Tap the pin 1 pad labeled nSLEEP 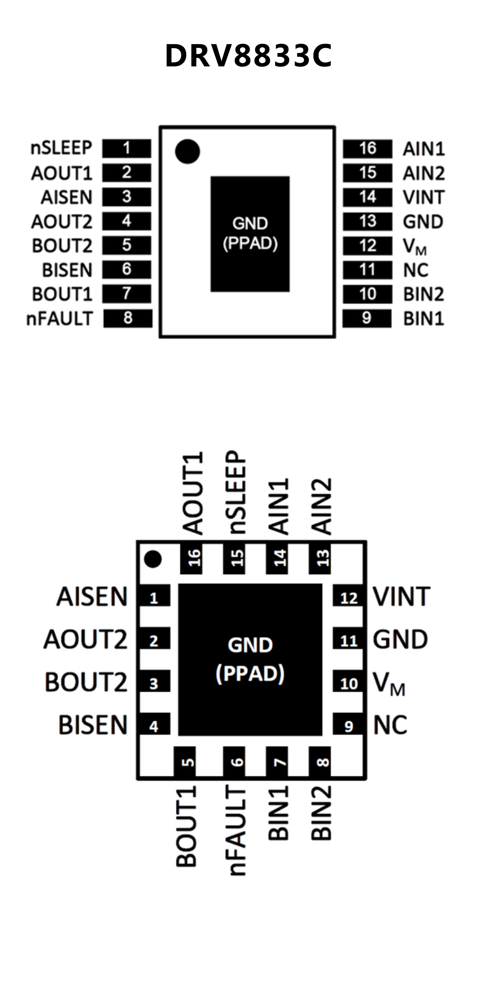tap(127, 148)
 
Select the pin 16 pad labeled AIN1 tap(367, 148)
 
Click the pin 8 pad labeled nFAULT tap(128, 318)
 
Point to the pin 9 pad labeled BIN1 tap(367, 318)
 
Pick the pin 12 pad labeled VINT tap(348, 598)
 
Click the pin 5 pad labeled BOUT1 tap(185, 762)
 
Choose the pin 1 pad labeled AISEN tap(154, 598)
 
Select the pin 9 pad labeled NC tap(348, 726)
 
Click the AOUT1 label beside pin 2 tap(62, 173)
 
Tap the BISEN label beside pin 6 tap(67, 270)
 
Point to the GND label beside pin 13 tap(423, 221)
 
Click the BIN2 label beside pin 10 tap(423, 295)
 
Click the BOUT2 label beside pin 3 tap(86, 683)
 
